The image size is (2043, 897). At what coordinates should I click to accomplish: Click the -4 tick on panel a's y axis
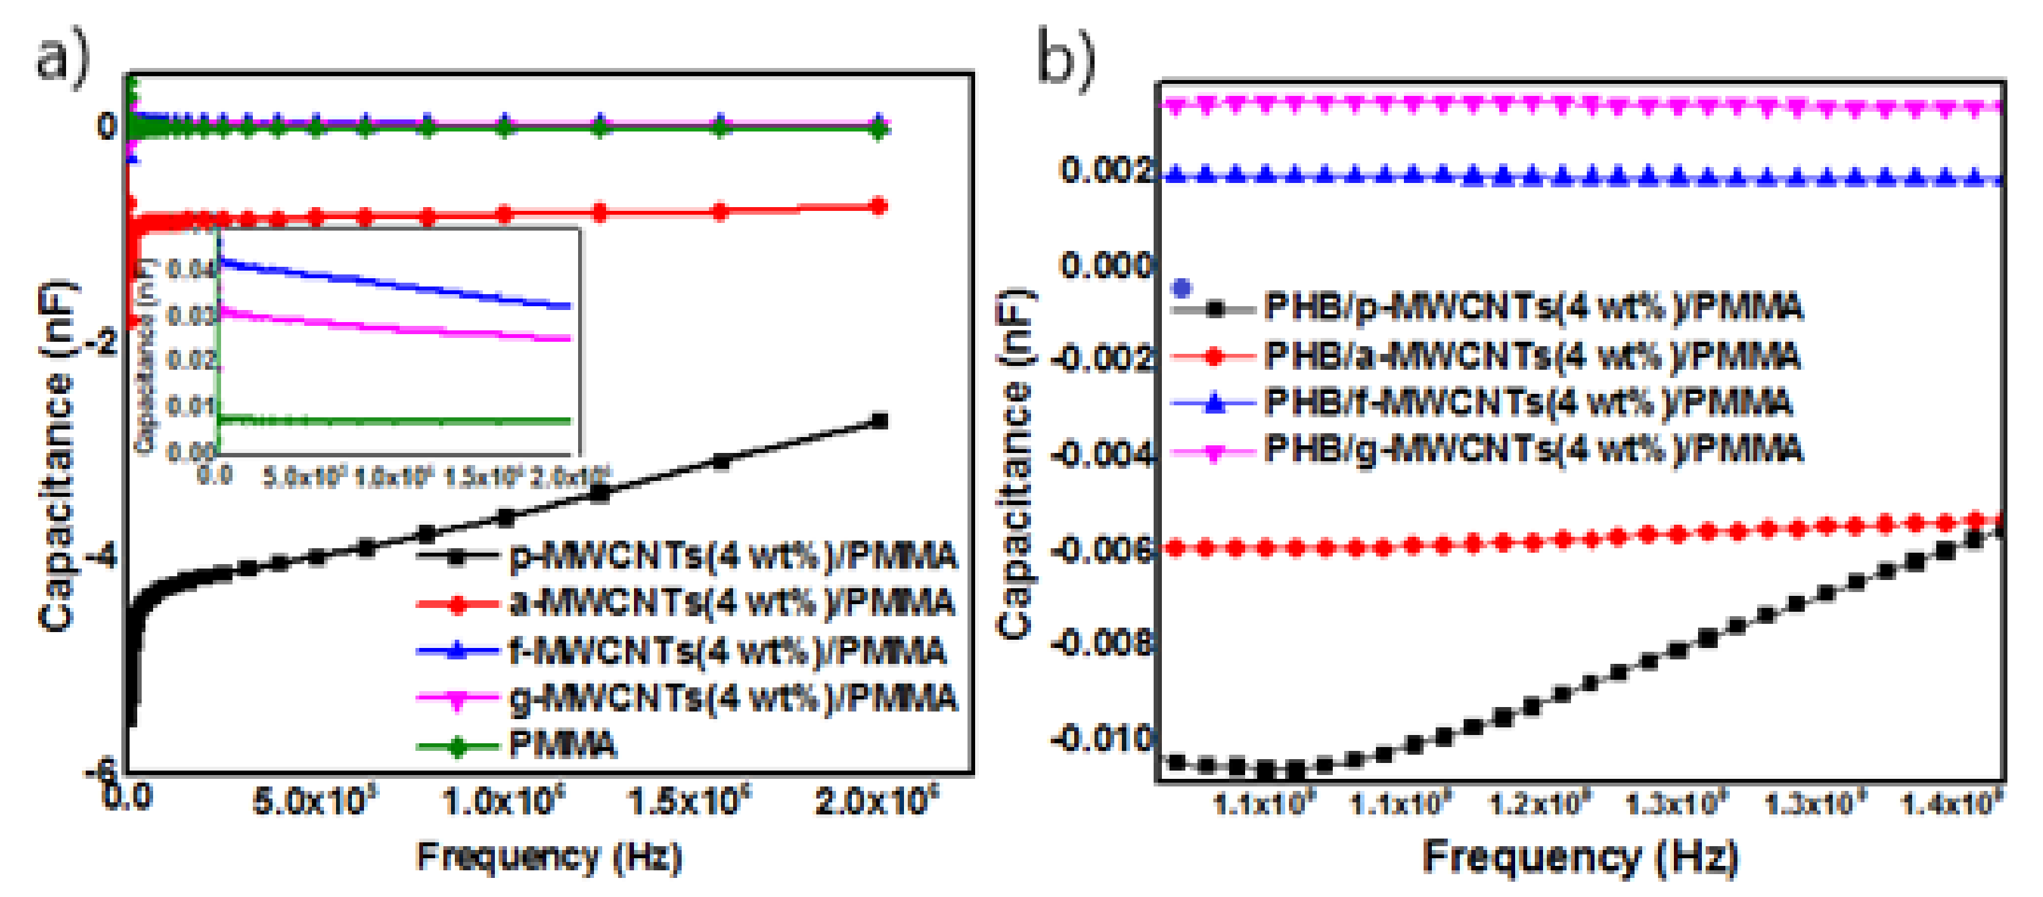coord(102,556)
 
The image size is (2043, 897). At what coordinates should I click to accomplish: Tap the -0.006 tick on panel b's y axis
coord(1102,548)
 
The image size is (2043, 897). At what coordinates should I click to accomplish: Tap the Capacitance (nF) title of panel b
coord(1015,464)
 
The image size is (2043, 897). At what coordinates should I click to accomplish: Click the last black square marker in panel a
coord(879,421)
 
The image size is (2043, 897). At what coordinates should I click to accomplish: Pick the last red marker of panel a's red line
coord(878,206)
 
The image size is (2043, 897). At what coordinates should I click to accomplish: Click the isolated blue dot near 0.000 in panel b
coord(1182,287)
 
